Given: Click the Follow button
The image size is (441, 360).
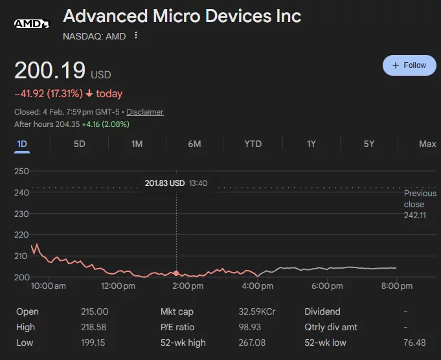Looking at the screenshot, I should point(409,65).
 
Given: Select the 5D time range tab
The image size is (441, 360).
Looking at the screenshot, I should point(79,144).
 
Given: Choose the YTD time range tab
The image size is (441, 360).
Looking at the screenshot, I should point(253,144).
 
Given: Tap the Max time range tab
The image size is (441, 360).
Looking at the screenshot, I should point(427,144).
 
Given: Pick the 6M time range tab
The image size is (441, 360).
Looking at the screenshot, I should point(194,144).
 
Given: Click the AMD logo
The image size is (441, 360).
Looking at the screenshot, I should point(32,24).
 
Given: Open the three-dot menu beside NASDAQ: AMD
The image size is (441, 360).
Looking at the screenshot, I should point(136,36).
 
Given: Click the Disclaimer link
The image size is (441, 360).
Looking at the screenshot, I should point(145,112).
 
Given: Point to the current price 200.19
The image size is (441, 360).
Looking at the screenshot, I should point(49,71).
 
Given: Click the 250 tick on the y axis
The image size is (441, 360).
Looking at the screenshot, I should point(22,171).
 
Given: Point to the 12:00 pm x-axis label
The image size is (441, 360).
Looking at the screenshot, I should point(117,286).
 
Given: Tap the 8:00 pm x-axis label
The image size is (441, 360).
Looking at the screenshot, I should point(397,286).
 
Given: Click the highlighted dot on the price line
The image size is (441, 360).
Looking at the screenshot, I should point(176,273).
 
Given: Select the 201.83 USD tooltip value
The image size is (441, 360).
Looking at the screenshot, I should point(165,183).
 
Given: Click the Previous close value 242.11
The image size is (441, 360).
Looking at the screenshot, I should point(415,215).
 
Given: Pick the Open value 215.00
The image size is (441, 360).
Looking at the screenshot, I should point(95,311).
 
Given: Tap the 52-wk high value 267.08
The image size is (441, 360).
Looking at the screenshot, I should point(253,343).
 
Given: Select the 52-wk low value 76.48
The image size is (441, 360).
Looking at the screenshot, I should point(414,343).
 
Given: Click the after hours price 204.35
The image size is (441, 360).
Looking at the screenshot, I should point(67,124).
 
